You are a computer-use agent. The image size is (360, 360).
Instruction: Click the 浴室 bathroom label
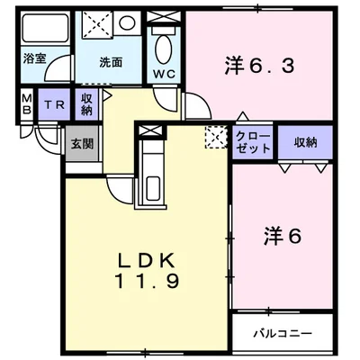(x=36, y=61)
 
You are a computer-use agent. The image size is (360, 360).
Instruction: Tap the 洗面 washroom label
(x=111, y=62)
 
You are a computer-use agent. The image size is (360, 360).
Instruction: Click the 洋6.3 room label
(x=260, y=65)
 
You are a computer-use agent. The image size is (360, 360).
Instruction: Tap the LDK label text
(x=148, y=261)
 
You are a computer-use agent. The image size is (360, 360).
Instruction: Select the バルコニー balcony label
(x=283, y=333)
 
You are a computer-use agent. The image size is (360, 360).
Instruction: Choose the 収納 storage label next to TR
(x=87, y=103)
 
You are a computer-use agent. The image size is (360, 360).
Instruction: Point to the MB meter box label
(x=26, y=104)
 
